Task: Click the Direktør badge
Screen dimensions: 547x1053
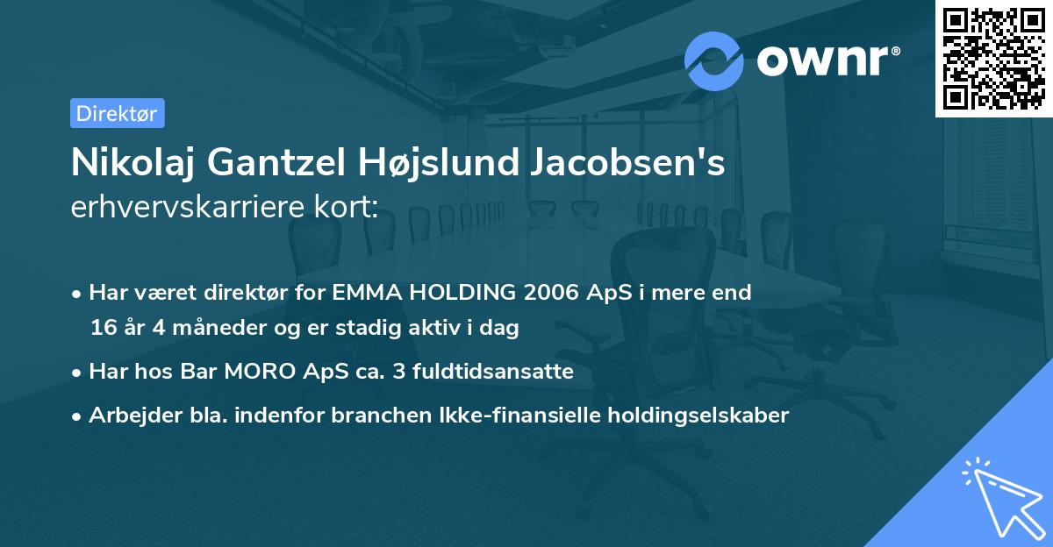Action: point(117,113)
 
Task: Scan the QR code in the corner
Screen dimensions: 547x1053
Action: point(992,58)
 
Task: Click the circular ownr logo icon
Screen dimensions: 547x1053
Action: point(714,60)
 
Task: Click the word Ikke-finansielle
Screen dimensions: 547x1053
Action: point(496,416)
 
